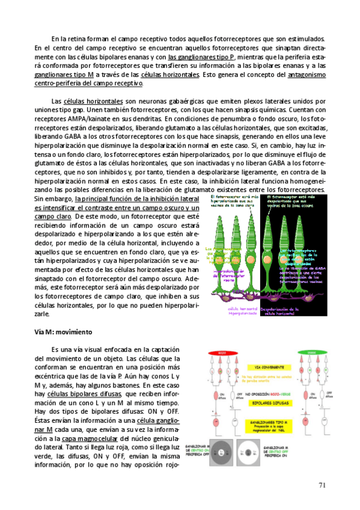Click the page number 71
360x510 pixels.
coord(322,485)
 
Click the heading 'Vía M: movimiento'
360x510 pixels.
coord(61,332)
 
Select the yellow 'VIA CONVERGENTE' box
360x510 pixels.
coord(267,366)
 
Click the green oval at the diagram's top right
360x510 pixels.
coord(311,354)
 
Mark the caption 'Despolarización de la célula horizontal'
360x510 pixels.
coord(282,312)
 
